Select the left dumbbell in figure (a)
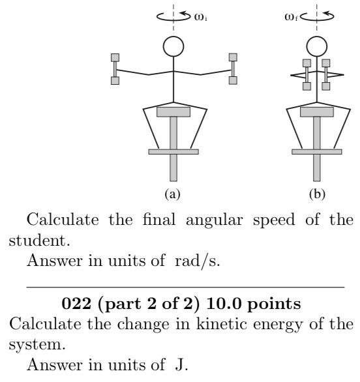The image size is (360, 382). pos(115,68)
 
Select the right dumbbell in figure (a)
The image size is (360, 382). pos(233,68)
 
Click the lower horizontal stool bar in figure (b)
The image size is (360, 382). pos(317,152)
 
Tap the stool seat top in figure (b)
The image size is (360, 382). pos(317,112)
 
